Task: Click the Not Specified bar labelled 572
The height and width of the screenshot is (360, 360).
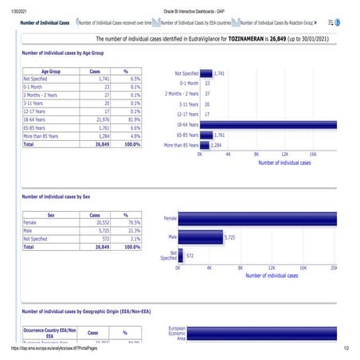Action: [x=181, y=256]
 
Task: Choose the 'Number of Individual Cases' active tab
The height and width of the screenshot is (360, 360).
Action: [x=45, y=24]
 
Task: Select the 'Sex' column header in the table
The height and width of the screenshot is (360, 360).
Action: [x=52, y=215]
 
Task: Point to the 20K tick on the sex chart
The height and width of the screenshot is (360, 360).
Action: [x=334, y=268]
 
